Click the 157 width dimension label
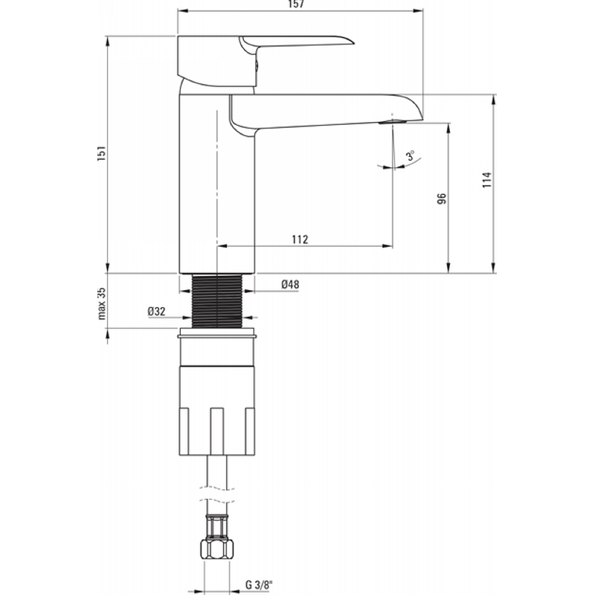[296, 4]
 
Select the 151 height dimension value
[101, 153]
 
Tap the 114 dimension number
[487, 179]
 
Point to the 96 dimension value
[442, 199]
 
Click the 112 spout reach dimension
[300, 239]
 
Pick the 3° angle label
[411, 155]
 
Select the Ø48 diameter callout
[290, 284]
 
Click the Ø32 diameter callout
[156, 312]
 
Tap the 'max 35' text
[101, 303]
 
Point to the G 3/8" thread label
[259, 585]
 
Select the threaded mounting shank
[217, 300]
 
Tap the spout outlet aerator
[393, 122]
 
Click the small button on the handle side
[257, 67]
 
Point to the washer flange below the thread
[217, 335]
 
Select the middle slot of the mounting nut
[217, 431]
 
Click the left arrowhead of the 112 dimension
[222, 246]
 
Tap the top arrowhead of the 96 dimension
[448, 128]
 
